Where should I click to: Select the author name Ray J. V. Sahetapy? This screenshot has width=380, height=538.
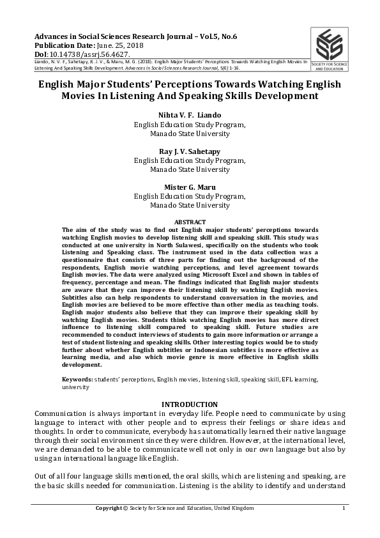point(190,151)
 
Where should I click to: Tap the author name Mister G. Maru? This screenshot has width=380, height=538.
point(190,187)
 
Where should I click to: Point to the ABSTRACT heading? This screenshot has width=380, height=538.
point(190,220)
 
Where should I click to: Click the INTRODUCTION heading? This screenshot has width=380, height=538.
point(190,404)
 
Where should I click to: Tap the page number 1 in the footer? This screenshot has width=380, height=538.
point(344,508)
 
